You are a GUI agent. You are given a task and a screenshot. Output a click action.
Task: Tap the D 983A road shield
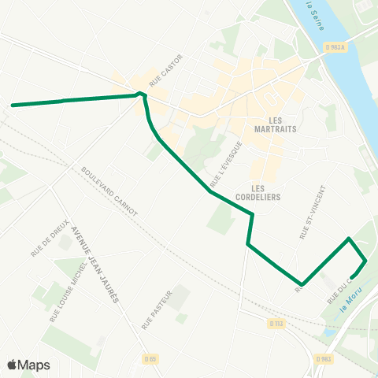point(334,47)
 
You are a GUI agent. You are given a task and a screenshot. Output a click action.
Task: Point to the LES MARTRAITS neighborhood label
point(275,124)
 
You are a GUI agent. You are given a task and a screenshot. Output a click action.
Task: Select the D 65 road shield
point(151,359)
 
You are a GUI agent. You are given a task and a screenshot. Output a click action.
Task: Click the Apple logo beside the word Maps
point(12,365)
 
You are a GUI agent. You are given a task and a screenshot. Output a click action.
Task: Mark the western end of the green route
point(13,104)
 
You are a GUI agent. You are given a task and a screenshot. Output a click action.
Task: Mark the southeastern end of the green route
point(351,276)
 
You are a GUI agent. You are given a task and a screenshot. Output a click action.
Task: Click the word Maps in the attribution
point(34,365)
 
